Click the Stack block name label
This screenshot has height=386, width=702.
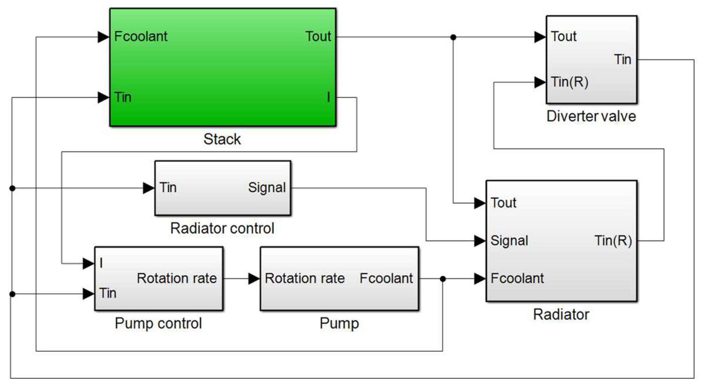tap(222, 139)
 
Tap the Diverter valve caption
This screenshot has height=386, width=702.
tap(591, 116)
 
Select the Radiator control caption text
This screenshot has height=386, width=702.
tap(222, 228)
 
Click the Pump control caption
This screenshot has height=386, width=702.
tap(158, 323)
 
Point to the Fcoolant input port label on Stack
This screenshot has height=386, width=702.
tap(141, 36)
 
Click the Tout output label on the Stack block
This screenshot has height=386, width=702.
tap(318, 36)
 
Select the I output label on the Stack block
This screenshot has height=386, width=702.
tap(328, 97)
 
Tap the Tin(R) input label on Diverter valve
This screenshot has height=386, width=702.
tap(570, 82)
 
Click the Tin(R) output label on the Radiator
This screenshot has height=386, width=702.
tap(613, 241)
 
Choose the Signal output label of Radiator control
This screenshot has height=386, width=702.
tap(267, 188)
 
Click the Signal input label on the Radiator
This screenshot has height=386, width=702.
tap(509, 241)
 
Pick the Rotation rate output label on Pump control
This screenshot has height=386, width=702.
tap(177, 278)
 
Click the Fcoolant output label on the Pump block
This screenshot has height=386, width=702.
tap(386, 278)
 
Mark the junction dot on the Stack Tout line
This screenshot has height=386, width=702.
tap(453, 37)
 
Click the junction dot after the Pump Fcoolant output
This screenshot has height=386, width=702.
tap(443, 279)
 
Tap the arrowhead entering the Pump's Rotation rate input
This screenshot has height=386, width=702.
tap(254, 279)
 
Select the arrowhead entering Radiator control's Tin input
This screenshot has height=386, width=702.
tap(148, 188)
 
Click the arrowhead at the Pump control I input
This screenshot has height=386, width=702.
tap(88, 264)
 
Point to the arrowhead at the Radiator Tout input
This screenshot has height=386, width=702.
tap(479, 203)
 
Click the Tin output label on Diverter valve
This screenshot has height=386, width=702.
tap(622, 60)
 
